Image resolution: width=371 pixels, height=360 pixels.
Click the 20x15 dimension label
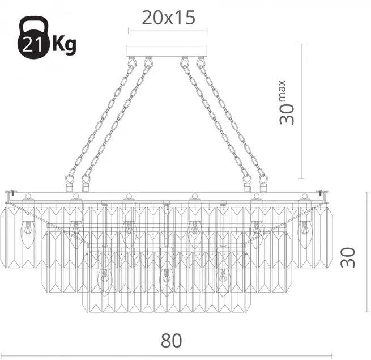click(168, 18)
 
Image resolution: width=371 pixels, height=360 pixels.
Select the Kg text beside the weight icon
click(64, 45)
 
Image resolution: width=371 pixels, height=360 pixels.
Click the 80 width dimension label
click(172, 341)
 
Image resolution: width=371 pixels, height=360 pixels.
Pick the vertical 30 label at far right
click(348, 258)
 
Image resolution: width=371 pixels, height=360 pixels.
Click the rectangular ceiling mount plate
click(167, 52)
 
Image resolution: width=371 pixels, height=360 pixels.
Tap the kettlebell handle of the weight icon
click(33, 23)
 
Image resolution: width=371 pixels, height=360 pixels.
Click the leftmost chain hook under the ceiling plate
click(131, 61)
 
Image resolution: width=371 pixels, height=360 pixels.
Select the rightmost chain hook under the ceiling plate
click(201, 61)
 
